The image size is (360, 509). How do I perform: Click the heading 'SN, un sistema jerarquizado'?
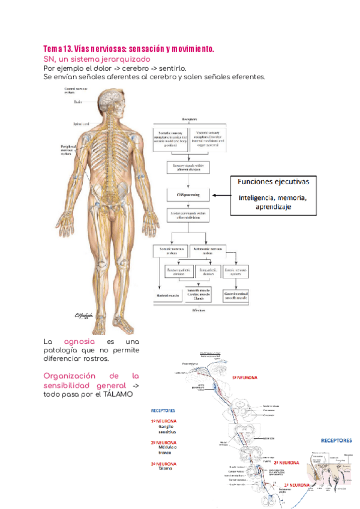click(x=97, y=60)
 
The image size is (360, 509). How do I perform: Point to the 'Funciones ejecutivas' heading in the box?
click(x=275, y=182)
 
